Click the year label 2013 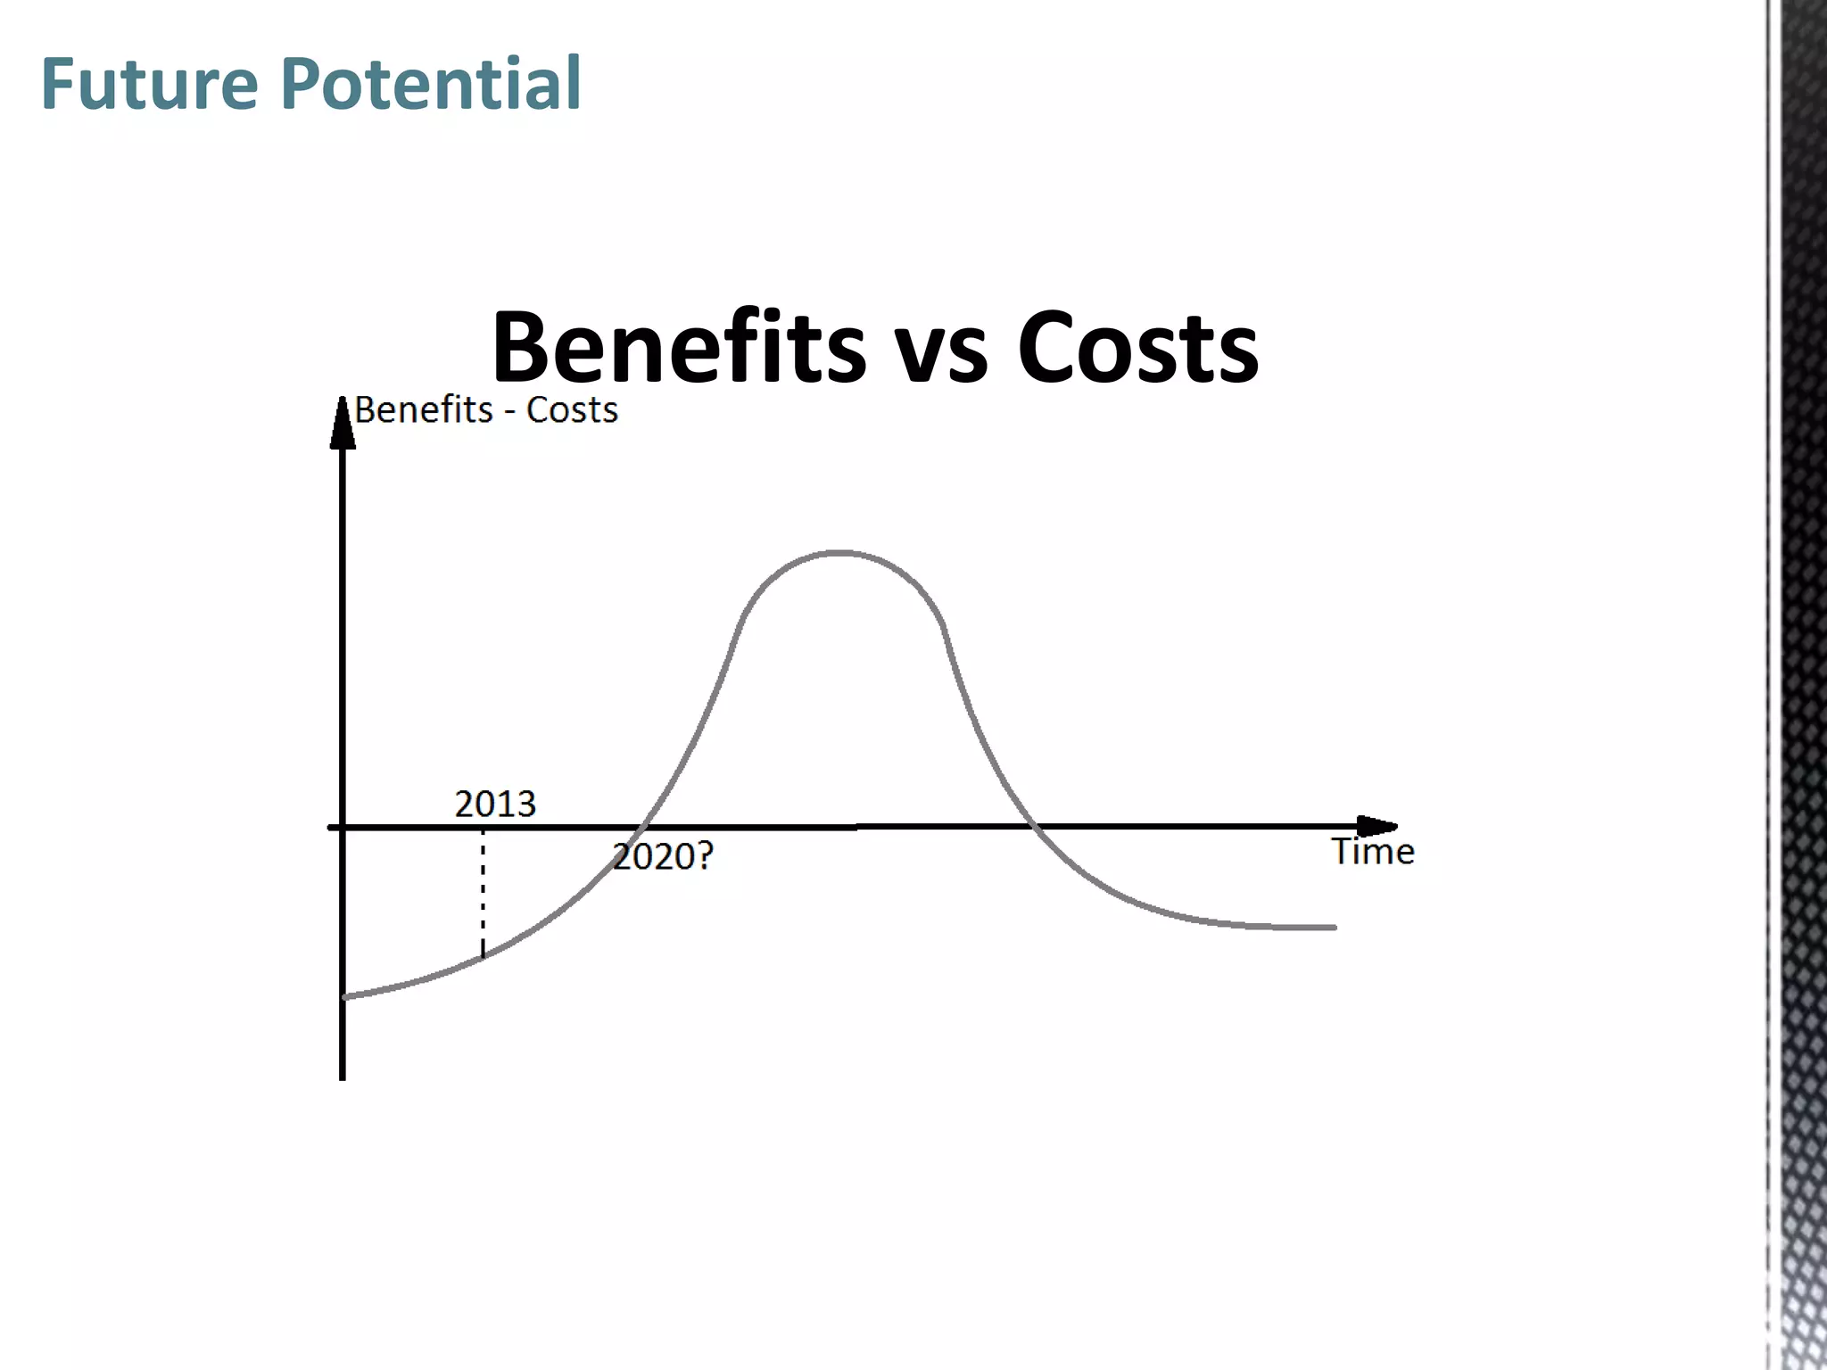point(495,805)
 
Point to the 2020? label point(663,856)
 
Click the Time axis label point(1372,852)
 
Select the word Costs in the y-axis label point(572,410)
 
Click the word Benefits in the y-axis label point(424,410)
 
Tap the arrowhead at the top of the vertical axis point(343,423)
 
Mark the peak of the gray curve point(839,553)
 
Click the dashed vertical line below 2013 point(483,892)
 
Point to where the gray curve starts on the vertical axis point(344,996)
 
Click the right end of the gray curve point(1334,928)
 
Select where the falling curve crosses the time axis point(1033,827)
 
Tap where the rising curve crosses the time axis point(646,827)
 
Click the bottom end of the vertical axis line point(343,1077)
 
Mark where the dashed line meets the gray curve point(483,956)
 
